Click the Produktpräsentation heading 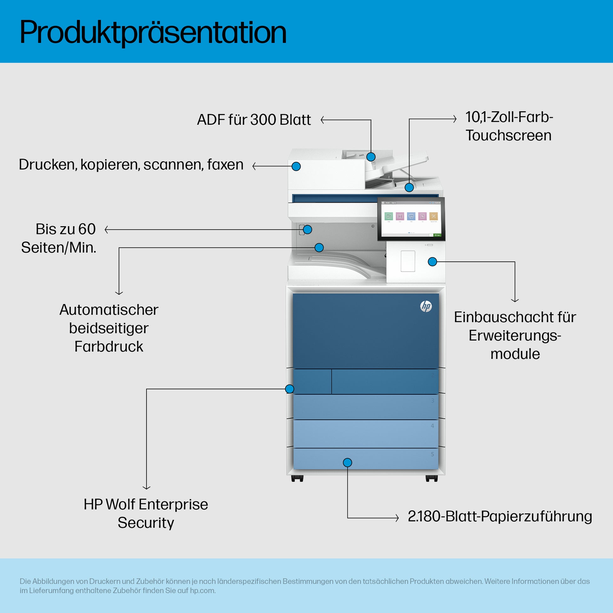[x=153, y=32]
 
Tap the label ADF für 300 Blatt [x=254, y=120]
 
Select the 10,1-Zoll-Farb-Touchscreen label [x=509, y=126]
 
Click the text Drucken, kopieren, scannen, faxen [x=131, y=165]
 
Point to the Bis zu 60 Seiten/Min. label [x=59, y=238]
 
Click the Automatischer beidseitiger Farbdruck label [x=108, y=328]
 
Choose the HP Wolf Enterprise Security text [x=146, y=513]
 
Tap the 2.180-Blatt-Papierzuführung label [x=500, y=516]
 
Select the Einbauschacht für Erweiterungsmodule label [x=515, y=335]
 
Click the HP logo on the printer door [x=426, y=306]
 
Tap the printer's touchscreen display [x=411, y=219]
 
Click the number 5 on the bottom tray [x=432, y=454]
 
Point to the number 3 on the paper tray [x=432, y=401]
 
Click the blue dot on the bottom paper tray [x=347, y=463]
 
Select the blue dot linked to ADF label [x=370, y=157]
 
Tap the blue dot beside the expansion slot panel [x=433, y=262]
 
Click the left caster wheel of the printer [x=297, y=478]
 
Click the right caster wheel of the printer [x=432, y=478]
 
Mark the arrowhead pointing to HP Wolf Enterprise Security [x=146, y=488]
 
